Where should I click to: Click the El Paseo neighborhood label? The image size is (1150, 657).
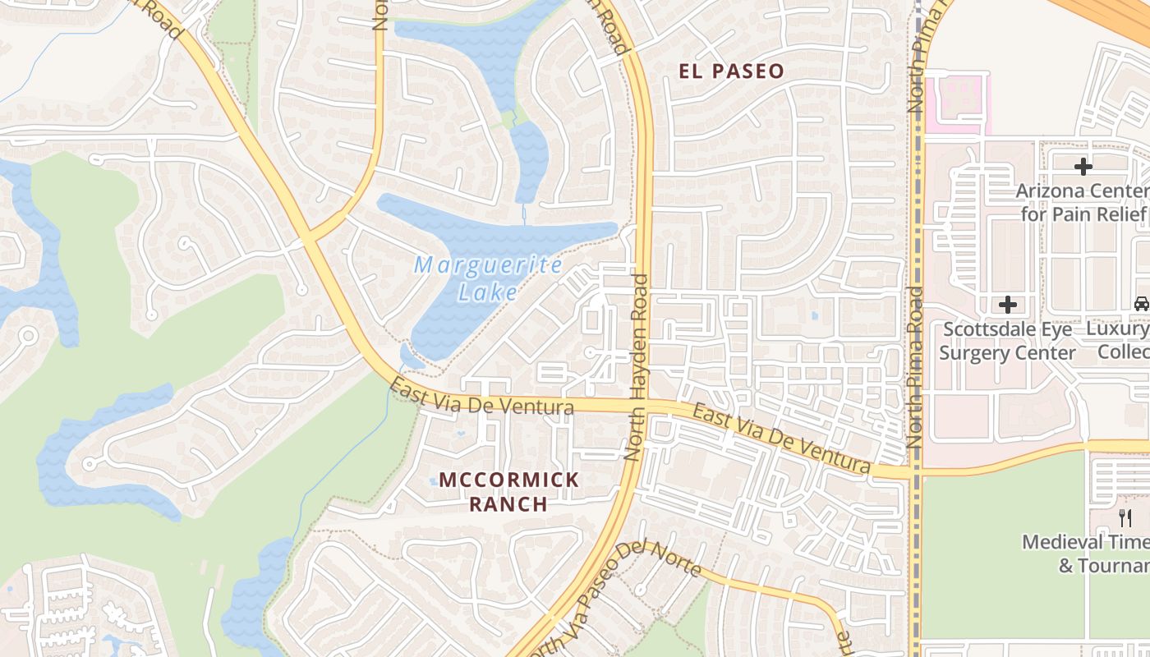pyautogui.click(x=731, y=71)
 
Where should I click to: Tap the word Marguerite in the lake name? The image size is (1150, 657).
pyautogui.click(x=488, y=265)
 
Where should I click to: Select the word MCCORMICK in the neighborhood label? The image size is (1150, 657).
pyautogui.click(x=508, y=480)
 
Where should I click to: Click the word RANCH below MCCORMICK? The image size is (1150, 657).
pyautogui.click(x=508, y=503)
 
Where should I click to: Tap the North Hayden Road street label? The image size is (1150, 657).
pyautogui.click(x=637, y=367)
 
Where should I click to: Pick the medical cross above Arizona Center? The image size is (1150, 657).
pyautogui.click(x=1083, y=167)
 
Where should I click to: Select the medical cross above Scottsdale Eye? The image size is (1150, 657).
pyautogui.click(x=1007, y=305)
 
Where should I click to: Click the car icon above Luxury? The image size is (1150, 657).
pyautogui.click(x=1141, y=305)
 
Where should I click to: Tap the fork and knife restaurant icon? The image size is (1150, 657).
pyautogui.click(x=1125, y=518)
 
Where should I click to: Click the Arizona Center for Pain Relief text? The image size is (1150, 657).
pyautogui.click(x=1083, y=203)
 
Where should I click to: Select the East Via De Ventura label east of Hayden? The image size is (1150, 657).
pyautogui.click(x=780, y=439)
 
